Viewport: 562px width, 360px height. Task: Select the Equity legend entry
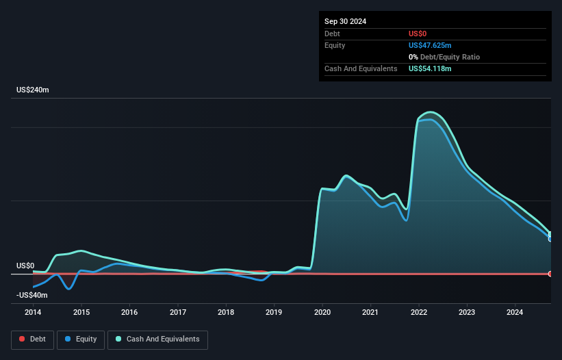81,339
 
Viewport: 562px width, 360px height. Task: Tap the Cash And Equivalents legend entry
157,339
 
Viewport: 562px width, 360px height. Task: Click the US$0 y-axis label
25,266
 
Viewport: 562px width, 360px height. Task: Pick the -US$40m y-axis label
31,295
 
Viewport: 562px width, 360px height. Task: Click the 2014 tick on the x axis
33,313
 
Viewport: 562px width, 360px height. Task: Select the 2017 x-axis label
177,313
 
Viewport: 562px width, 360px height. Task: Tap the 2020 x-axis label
322,313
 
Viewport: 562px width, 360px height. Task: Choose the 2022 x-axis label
419,313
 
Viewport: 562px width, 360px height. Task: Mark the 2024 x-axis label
515,313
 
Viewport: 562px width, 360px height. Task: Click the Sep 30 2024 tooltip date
345,21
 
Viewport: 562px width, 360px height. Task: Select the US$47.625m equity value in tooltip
431,45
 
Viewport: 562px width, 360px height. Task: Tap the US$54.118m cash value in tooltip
431,68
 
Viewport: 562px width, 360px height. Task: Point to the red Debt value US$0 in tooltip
418,34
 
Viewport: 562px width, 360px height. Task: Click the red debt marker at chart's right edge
550,274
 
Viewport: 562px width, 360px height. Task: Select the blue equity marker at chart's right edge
550,238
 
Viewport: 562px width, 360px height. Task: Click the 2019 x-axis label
274,313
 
